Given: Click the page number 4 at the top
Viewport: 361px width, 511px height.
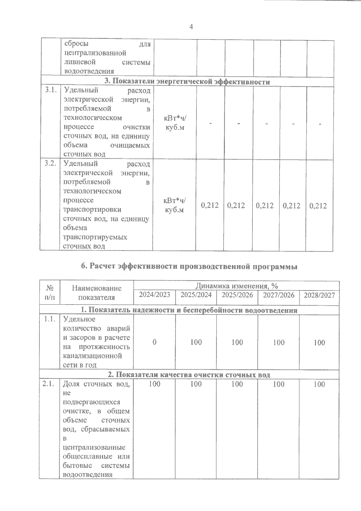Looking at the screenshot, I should (x=191, y=27).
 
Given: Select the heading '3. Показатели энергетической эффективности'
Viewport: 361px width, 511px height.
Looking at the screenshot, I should (x=187, y=82).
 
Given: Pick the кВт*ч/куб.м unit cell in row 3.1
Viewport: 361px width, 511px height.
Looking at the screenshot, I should (x=175, y=122).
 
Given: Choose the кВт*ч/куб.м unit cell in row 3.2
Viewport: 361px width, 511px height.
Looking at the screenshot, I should (x=174, y=205).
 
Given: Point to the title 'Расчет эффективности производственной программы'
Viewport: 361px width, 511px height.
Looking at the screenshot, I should (x=189, y=266).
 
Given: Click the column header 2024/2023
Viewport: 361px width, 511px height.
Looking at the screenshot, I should (x=154, y=295).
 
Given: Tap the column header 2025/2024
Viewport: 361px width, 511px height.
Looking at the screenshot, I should (x=196, y=295).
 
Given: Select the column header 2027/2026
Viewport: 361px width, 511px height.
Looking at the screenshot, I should (x=279, y=295).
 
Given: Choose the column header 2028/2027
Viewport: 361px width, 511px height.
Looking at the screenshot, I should (x=319, y=295).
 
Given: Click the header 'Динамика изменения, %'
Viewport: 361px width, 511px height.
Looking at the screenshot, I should (x=237, y=286).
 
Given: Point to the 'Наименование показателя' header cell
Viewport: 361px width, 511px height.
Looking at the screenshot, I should (x=97, y=293).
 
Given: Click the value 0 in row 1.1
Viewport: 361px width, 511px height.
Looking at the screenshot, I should (x=154, y=342).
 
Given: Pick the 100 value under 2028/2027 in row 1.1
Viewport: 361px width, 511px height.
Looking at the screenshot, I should (x=319, y=342).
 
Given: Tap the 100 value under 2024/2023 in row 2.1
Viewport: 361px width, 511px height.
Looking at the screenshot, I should (x=154, y=384).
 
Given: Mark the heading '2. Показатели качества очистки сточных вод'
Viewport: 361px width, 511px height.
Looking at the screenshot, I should (x=189, y=375).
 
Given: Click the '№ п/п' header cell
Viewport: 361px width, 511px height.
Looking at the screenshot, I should (x=50, y=293).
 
